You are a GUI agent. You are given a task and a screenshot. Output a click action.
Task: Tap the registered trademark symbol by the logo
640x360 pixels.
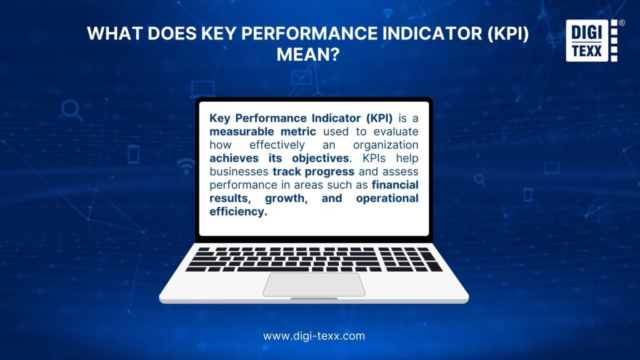click(621, 23)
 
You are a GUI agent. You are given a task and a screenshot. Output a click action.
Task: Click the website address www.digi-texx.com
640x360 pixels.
click(314, 336)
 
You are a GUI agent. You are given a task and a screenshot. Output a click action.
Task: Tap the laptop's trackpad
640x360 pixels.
click(314, 284)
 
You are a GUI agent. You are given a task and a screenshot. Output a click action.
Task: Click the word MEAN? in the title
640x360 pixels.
click(307, 55)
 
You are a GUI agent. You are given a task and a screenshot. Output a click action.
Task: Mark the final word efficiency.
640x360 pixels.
click(238, 211)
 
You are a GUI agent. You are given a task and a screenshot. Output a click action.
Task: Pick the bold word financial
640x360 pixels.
click(395, 185)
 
